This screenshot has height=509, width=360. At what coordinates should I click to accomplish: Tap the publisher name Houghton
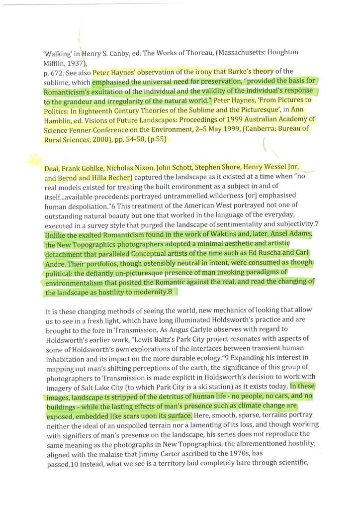coord(281,52)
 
